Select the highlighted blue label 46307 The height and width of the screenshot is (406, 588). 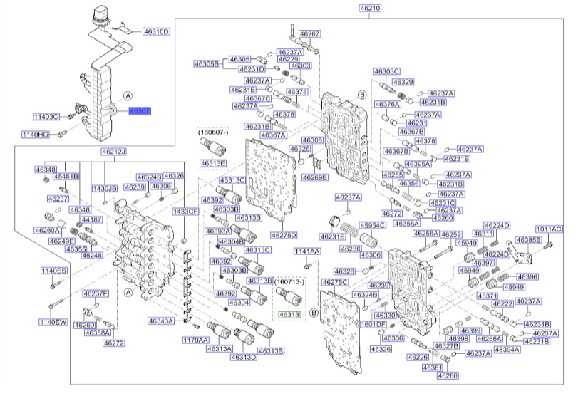(x=140, y=111)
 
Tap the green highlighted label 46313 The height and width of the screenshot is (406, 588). (x=289, y=314)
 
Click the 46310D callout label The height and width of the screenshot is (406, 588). (x=156, y=32)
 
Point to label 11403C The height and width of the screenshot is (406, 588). (x=47, y=116)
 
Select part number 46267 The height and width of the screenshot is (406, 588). (x=310, y=33)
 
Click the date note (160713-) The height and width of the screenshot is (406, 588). (x=289, y=281)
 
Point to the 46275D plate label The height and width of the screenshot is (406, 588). (x=283, y=235)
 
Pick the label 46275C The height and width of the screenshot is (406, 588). (x=335, y=282)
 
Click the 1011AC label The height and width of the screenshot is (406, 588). (x=549, y=229)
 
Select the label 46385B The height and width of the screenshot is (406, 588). (x=528, y=240)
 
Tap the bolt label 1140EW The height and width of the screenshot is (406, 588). (x=53, y=322)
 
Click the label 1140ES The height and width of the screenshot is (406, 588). (x=53, y=271)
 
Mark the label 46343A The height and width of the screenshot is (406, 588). (x=162, y=321)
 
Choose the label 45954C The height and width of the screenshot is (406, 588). (x=373, y=225)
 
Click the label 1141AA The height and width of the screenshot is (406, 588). (x=308, y=251)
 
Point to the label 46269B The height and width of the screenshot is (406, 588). (x=315, y=177)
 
